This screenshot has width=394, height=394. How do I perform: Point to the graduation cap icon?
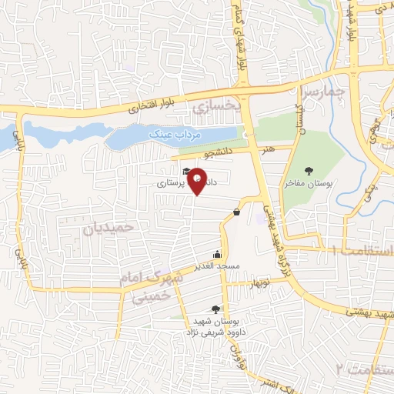185,171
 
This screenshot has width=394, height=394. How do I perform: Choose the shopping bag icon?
235,212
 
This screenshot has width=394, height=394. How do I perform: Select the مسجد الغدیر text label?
218,266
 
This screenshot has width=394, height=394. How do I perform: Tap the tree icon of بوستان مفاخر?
309,172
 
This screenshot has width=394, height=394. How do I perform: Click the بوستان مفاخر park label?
308,185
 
